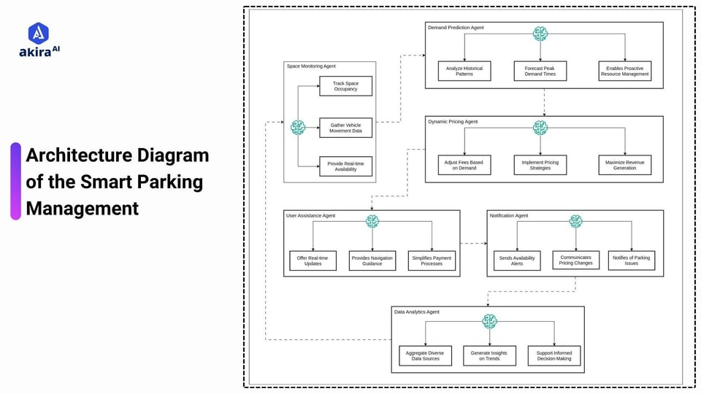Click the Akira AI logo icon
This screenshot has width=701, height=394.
click(x=38, y=34)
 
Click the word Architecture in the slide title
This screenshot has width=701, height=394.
click(x=80, y=155)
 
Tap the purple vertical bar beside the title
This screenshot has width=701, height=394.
click(x=15, y=181)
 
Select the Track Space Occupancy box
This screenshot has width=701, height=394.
click(x=345, y=86)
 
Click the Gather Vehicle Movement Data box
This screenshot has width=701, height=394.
click(x=345, y=128)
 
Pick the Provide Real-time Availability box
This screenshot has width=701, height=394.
click(x=345, y=166)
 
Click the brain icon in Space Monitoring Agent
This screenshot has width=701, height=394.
click(x=298, y=128)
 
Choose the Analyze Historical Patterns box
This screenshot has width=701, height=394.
click(x=464, y=71)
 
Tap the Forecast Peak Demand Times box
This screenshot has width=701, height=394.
click(x=540, y=71)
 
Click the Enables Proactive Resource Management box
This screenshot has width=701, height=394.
click(x=624, y=71)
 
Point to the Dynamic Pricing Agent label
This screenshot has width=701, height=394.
click(x=453, y=122)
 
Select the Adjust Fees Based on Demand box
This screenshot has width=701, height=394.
click(x=464, y=165)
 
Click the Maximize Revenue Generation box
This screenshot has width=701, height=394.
click(x=624, y=165)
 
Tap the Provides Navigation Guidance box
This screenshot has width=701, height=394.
click(x=372, y=260)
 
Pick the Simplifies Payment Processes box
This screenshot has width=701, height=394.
click(x=432, y=260)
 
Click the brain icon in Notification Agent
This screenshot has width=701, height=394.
click(x=575, y=221)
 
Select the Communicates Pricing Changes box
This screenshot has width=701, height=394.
click(x=575, y=260)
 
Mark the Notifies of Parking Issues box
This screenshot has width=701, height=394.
click(x=631, y=260)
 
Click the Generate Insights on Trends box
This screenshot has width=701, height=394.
click(x=489, y=355)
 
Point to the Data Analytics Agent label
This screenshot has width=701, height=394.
click(x=417, y=312)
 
